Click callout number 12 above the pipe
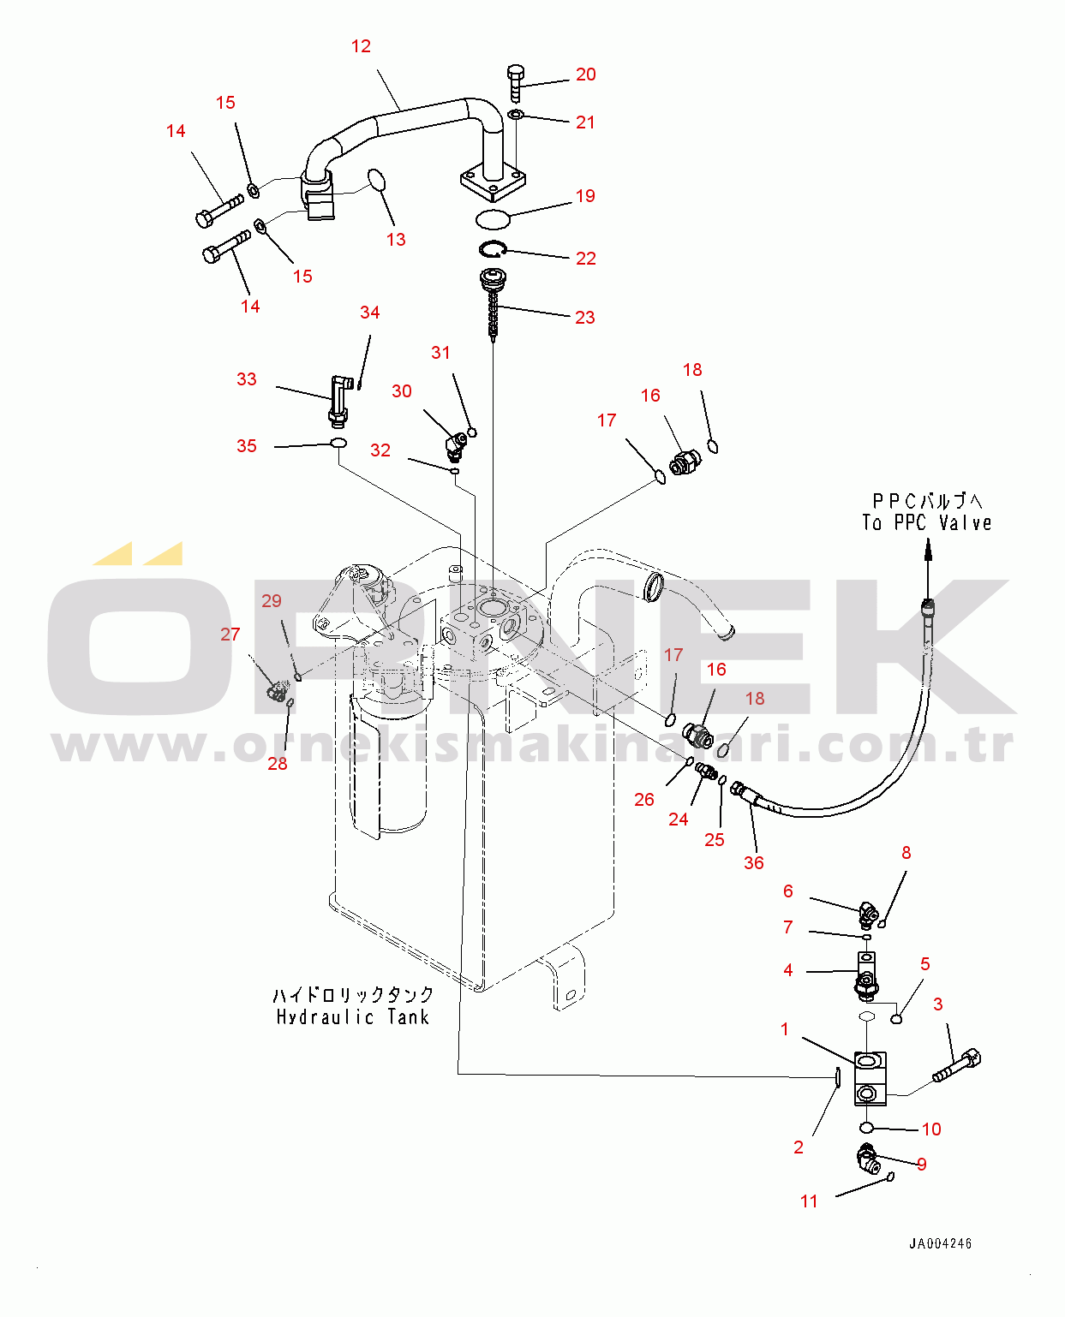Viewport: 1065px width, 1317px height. click(361, 46)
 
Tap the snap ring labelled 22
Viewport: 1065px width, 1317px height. click(493, 249)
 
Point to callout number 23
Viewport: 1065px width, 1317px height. click(585, 318)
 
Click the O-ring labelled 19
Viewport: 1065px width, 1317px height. click(493, 218)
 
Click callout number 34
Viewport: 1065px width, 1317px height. click(369, 313)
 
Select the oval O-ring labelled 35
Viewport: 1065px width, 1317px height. click(339, 444)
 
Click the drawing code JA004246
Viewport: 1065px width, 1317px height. click(940, 1243)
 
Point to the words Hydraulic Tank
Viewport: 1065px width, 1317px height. click(352, 1017)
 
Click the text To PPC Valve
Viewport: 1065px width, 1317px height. click(926, 522)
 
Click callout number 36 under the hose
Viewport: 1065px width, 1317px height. click(753, 863)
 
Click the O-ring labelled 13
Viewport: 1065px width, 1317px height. click(377, 180)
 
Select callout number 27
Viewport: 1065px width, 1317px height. click(230, 635)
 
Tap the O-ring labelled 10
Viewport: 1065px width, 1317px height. click(866, 1127)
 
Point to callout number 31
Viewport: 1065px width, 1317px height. click(440, 353)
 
